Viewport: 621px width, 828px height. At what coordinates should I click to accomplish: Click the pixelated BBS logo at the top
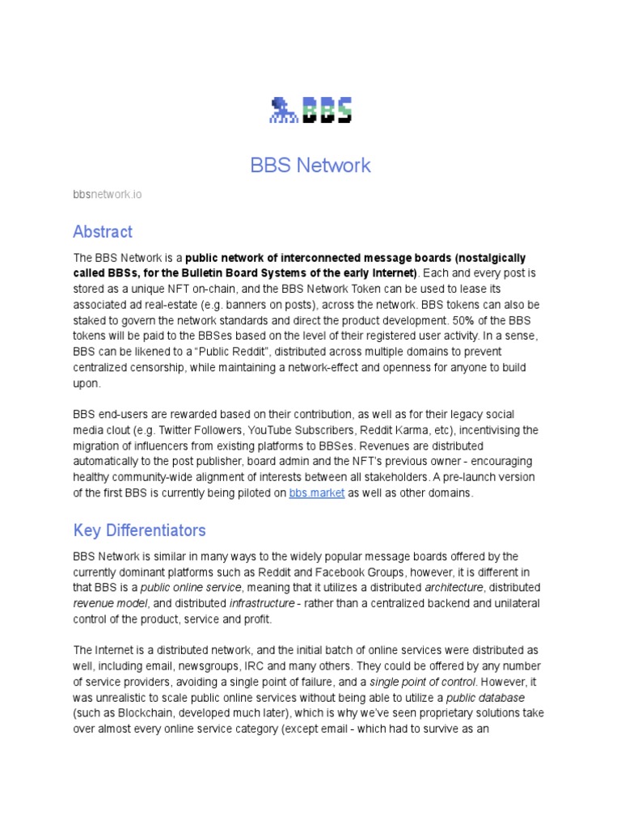point(310,110)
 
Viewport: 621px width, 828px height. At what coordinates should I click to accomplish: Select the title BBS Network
point(310,166)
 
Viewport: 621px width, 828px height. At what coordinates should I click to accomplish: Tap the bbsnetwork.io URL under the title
point(108,195)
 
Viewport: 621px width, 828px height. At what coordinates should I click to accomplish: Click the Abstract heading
point(103,232)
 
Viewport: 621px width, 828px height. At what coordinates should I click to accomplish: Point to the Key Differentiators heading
point(139,530)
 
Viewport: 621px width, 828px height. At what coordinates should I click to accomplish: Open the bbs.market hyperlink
point(316,493)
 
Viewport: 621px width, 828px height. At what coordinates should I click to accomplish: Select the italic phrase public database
point(485,698)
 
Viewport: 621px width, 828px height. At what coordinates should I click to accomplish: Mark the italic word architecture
point(454,588)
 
